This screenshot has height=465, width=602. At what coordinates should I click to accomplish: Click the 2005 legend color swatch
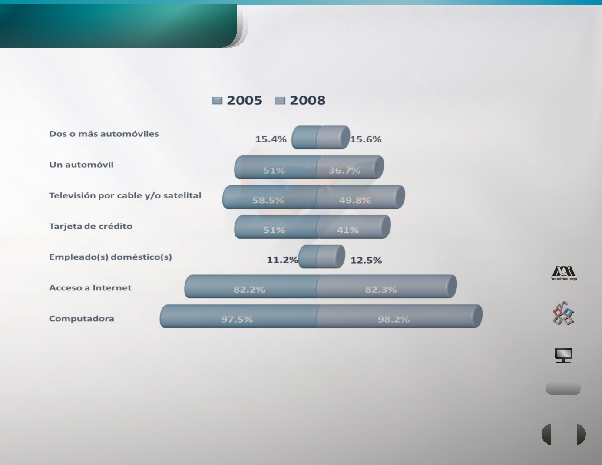pyautogui.click(x=217, y=101)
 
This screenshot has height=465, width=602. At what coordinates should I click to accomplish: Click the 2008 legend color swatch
pyautogui.click(x=280, y=101)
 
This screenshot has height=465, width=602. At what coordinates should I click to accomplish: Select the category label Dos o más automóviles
pyautogui.click(x=104, y=134)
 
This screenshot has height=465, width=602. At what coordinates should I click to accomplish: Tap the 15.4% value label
pyautogui.click(x=271, y=139)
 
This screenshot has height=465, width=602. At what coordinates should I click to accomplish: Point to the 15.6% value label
pyautogui.click(x=366, y=139)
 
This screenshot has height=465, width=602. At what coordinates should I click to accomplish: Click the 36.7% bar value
pyautogui.click(x=344, y=171)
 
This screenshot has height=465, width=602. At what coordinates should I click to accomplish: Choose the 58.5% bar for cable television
pyautogui.click(x=270, y=197)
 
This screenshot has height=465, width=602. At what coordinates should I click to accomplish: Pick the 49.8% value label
pyautogui.click(x=355, y=200)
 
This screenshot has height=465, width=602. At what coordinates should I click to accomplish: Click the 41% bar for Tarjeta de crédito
pyautogui.click(x=353, y=227)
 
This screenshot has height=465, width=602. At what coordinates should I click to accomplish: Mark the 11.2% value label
pyautogui.click(x=282, y=260)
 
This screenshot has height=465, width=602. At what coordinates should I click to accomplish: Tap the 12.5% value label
pyautogui.click(x=366, y=261)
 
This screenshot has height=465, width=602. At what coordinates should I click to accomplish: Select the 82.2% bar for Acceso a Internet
pyautogui.click(x=251, y=287)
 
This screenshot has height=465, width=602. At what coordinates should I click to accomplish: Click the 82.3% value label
pyautogui.click(x=381, y=290)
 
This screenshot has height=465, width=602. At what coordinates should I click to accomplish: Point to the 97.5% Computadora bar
pyautogui.click(x=239, y=316)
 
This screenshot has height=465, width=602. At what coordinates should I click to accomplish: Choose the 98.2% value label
pyautogui.click(x=394, y=320)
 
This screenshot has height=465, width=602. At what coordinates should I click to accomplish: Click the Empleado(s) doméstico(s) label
pyautogui.click(x=110, y=257)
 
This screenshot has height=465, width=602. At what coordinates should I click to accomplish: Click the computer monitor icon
pyautogui.click(x=563, y=356)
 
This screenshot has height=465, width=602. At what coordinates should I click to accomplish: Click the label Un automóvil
pyautogui.click(x=81, y=165)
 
